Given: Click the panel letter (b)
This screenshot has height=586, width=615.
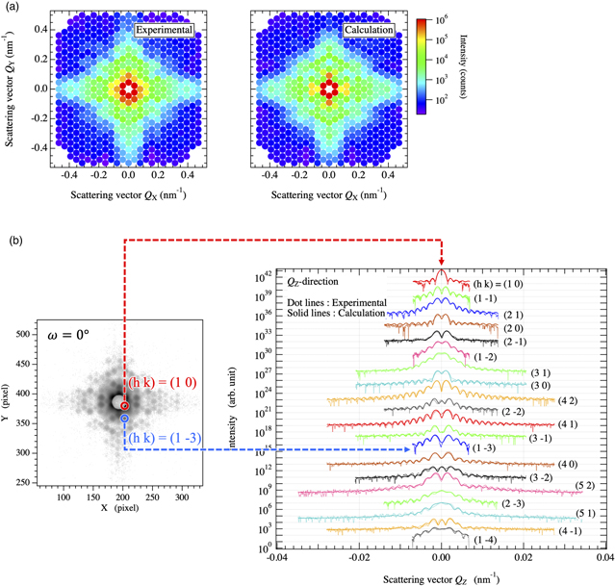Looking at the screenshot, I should [13, 237].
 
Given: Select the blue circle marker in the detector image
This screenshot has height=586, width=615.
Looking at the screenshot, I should [125, 419].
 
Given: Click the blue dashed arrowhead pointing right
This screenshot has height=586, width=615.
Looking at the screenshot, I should [411, 448].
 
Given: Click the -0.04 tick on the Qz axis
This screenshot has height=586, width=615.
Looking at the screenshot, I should [277, 557].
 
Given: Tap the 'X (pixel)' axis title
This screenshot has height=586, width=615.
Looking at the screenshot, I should [124, 507].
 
